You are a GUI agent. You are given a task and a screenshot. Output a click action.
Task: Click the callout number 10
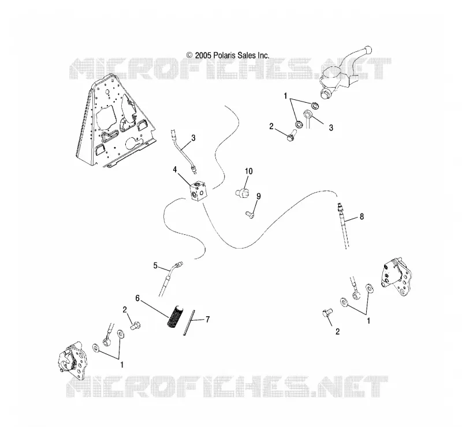tap(249, 171)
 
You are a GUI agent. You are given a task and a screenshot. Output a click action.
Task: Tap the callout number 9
tap(258, 196)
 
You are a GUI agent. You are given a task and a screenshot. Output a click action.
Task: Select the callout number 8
tap(362, 216)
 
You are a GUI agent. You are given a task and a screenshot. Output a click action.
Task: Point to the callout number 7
tap(208, 319)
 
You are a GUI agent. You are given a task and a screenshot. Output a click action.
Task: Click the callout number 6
tap(137, 298)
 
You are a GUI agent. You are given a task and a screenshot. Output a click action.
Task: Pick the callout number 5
tap(155, 265)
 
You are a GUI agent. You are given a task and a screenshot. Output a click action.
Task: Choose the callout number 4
tap(175, 170)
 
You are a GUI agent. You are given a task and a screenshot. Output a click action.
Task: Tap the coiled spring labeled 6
tap(176, 316)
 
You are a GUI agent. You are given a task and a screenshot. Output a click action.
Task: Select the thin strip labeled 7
tap(189, 323)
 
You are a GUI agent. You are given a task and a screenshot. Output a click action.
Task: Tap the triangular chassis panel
tap(115, 122)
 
